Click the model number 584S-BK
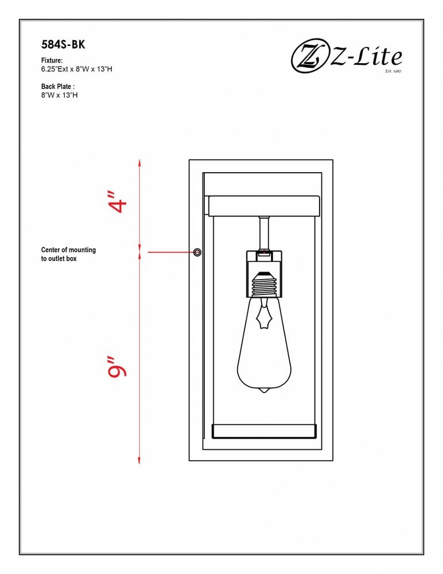point(63,45)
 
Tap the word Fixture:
point(52,60)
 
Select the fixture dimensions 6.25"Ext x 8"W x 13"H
point(76,69)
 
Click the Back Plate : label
point(58,87)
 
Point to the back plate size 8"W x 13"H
point(59,95)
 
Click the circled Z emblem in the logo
point(309,56)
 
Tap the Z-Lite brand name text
point(366,57)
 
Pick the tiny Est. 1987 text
point(394,71)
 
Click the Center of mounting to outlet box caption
point(68,254)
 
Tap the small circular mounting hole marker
point(197,252)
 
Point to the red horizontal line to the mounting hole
point(170,252)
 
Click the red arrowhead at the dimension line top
point(139,163)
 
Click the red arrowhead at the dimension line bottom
point(139,460)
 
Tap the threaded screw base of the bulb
point(263,284)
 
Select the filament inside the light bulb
point(263,313)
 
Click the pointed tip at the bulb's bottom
point(263,391)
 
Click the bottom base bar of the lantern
point(264,431)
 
